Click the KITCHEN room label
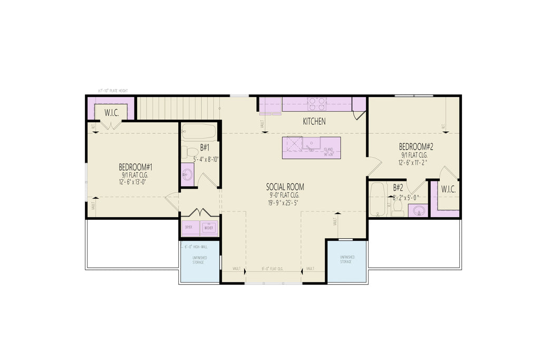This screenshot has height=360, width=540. pos(314,122)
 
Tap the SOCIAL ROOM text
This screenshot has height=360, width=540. pos(285,187)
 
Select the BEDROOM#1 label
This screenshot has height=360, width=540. pos(135,167)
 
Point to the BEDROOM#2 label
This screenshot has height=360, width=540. pos(416,147)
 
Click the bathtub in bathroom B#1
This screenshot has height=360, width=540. pos(199,131)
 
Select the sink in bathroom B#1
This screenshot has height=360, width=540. pos(187,174)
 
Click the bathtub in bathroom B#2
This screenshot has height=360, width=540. pos(378,199)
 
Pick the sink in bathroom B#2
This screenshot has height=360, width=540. pos(418,210)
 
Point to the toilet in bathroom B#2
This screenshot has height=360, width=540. pos(398,208)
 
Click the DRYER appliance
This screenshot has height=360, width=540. pos(189,228)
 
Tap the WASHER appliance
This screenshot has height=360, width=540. pos(208,228)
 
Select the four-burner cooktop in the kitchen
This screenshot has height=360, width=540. pos(316,103)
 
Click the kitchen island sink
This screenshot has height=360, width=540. pos(311,143)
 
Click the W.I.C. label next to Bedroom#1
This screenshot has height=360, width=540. pos(111,112)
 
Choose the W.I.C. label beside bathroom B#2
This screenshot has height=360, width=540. pos(448,189)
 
